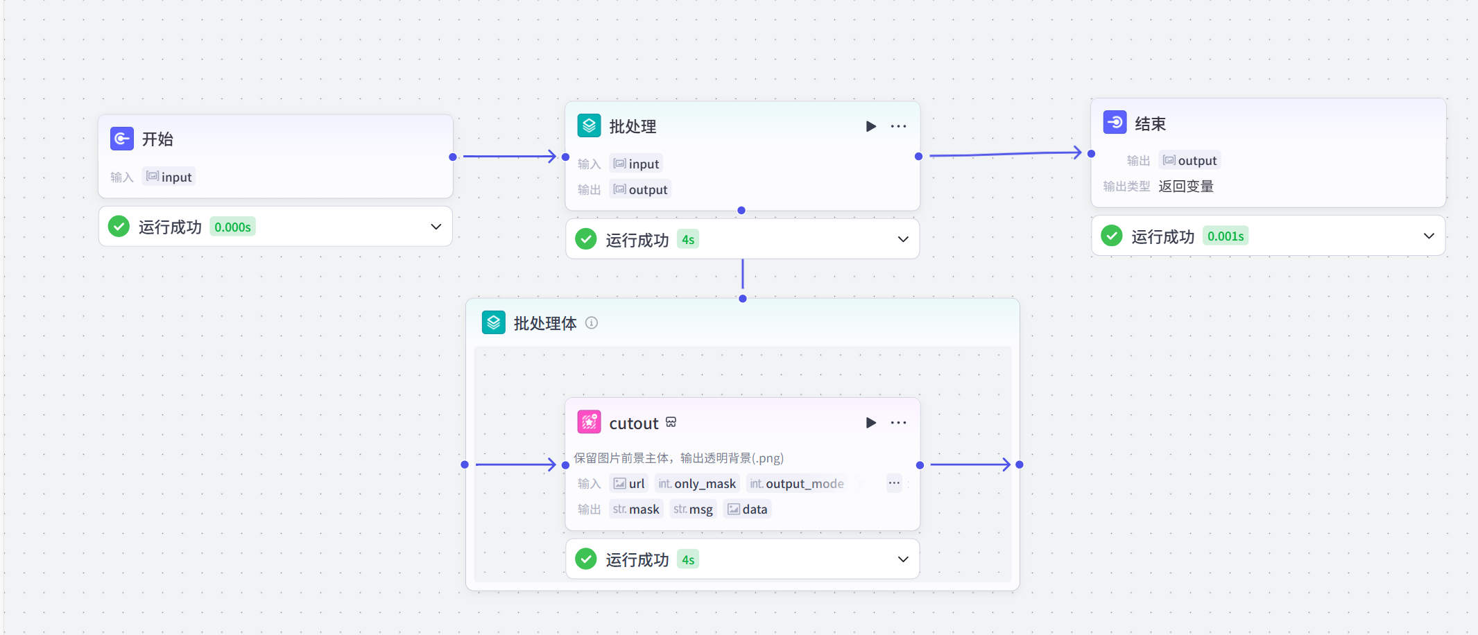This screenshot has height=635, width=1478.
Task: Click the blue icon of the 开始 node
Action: click(122, 139)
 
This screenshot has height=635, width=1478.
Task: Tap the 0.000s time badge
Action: click(232, 227)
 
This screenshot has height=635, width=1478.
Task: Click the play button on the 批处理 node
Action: click(870, 126)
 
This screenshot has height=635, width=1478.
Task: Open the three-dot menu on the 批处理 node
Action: click(898, 126)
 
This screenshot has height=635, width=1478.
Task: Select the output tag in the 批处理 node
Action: click(640, 190)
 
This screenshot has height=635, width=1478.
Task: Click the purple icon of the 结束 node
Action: click(1115, 123)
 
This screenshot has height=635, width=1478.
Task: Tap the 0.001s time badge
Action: click(1225, 236)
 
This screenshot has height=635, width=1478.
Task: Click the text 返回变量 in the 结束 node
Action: click(1185, 186)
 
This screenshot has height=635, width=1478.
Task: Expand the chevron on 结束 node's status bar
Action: click(1429, 236)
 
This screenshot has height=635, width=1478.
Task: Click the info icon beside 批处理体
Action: click(592, 323)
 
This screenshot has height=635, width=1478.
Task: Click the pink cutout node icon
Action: click(589, 422)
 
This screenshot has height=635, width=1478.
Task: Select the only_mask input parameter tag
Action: click(697, 484)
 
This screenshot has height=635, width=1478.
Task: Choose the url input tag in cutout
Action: click(628, 484)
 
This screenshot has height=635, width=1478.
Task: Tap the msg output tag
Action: click(693, 510)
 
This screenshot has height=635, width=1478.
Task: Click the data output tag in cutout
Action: click(747, 510)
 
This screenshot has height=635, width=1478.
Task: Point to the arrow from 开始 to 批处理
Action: click(510, 157)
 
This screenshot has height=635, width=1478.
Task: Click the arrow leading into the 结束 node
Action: click(1006, 154)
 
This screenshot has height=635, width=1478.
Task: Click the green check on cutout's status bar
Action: click(586, 559)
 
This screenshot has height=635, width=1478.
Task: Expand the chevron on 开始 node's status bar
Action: click(436, 227)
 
